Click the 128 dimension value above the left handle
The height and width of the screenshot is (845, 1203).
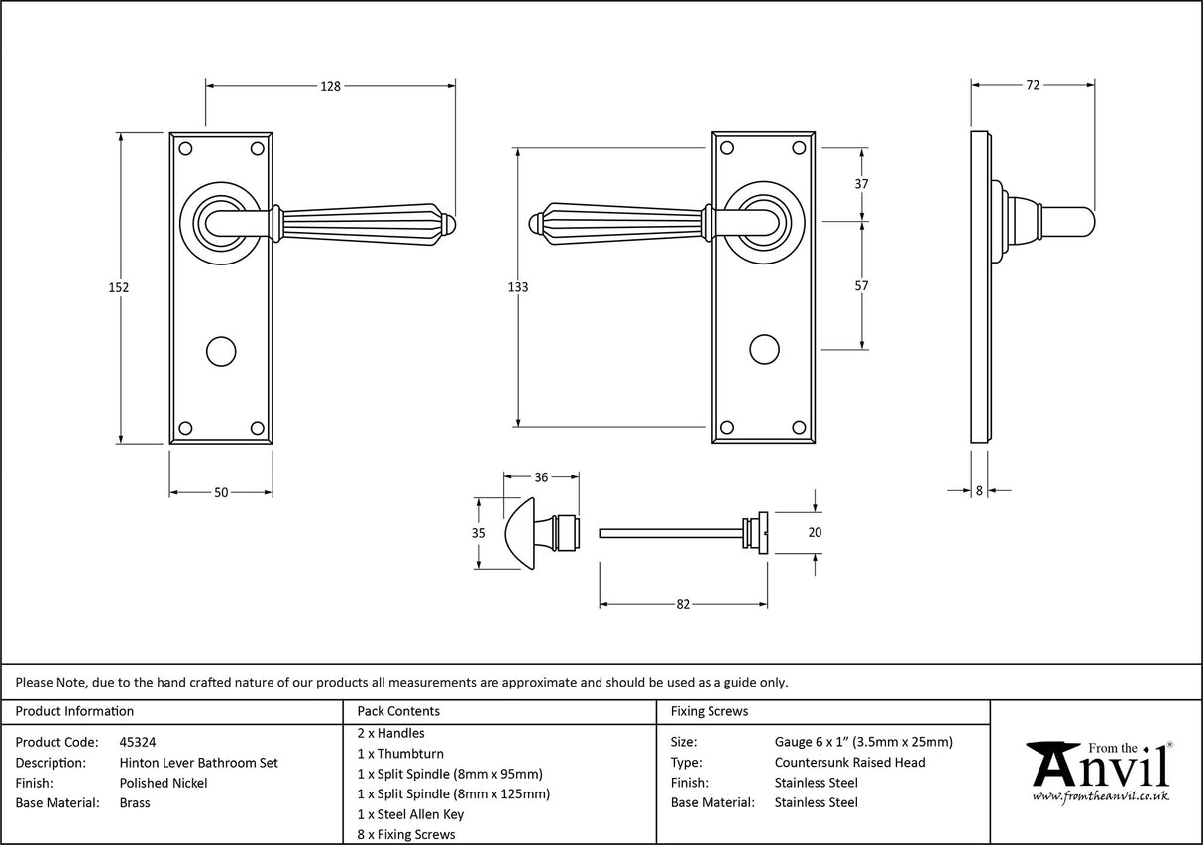(330, 86)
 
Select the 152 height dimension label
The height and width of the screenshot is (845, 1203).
(119, 287)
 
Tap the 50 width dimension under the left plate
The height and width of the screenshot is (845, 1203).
(221, 492)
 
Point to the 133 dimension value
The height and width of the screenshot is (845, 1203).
(517, 287)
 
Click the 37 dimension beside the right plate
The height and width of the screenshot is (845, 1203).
(861, 184)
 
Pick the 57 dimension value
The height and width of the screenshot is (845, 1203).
(861, 286)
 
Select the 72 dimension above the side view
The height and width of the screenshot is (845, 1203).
(1032, 85)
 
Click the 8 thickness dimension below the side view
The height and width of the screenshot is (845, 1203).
(979, 489)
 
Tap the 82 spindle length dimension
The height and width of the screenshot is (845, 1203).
(682, 604)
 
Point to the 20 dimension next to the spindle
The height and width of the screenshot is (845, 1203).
(816, 532)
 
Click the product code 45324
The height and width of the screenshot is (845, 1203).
(137, 741)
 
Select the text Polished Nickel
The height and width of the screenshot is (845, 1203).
(164, 783)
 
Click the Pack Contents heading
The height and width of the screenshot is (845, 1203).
(398, 711)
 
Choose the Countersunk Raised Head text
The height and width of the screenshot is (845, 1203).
(849, 762)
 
